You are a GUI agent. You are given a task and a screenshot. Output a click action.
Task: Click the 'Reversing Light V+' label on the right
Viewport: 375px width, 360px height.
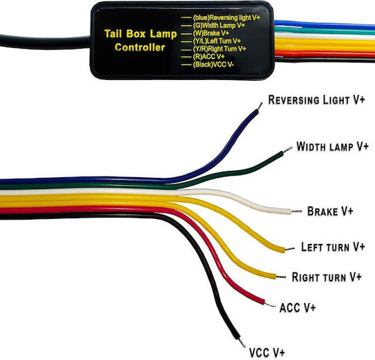(317, 100)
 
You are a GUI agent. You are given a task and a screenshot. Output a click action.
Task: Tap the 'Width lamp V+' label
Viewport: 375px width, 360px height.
(332, 147)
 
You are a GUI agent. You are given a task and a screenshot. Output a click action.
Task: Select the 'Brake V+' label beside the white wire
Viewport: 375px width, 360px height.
(330, 211)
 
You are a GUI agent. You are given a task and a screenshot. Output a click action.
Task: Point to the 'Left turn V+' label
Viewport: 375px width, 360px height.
(333, 247)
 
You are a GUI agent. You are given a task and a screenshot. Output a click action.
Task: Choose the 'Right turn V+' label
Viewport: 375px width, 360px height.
(326, 277)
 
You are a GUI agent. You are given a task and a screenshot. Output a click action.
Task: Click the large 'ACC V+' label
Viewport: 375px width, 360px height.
(297, 307)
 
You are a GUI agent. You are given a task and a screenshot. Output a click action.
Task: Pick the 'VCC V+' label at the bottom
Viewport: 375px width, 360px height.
(267, 352)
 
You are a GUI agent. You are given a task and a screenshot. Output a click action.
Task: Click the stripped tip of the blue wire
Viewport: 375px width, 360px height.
(260, 106)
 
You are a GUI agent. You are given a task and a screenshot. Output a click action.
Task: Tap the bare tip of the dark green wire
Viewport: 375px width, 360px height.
(287, 149)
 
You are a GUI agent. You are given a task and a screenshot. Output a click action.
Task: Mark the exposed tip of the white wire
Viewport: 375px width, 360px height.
(297, 211)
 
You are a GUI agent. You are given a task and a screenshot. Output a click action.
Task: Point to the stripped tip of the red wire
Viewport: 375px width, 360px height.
(270, 304)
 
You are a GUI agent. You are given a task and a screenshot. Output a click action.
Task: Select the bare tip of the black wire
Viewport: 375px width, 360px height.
(242, 343)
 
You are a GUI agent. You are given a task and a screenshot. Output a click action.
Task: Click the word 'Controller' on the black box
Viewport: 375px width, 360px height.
(140, 47)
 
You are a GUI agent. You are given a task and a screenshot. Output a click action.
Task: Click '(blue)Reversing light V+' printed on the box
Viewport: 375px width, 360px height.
(226, 17)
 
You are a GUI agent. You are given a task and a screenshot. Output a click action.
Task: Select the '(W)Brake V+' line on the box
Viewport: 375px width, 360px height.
(211, 33)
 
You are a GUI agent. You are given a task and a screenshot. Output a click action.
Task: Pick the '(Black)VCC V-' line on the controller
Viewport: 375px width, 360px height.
(213, 65)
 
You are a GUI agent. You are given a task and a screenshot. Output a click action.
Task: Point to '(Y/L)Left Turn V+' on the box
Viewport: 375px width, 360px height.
(217, 41)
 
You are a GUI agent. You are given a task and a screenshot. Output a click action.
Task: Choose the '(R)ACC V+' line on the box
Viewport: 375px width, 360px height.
(208, 56)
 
